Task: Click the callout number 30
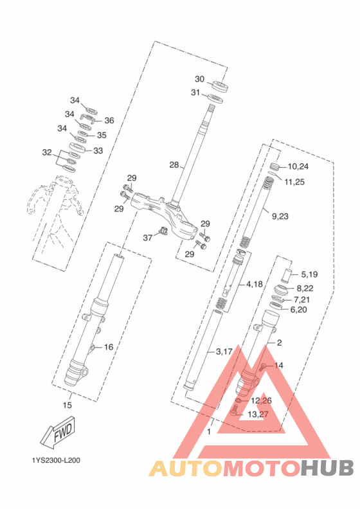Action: [x=200, y=79]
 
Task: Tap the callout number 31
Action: [x=195, y=93]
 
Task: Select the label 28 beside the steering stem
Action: [x=174, y=165]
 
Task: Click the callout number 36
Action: [x=109, y=120]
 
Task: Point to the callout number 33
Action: [x=98, y=150]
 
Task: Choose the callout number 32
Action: [x=47, y=152]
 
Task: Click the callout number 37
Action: [x=148, y=238]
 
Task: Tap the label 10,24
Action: [x=298, y=166]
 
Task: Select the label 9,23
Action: [x=280, y=216]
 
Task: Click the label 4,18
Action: [x=255, y=284]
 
